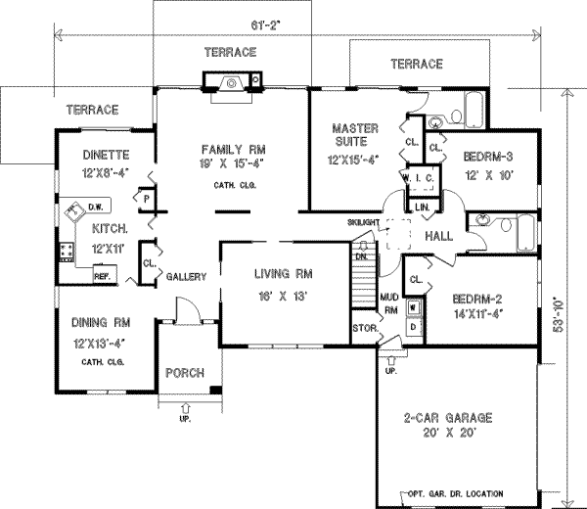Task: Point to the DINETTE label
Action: click(106, 154)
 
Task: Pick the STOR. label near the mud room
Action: click(364, 328)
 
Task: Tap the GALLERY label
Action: click(186, 277)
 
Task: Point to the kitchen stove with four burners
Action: click(68, 254)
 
